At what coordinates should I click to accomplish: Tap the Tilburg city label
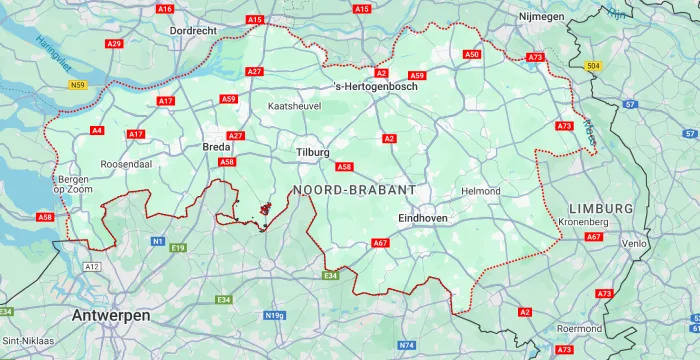point(313,152)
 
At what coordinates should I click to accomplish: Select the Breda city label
point(217,147)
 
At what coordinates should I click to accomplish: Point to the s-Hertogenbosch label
point(375,86)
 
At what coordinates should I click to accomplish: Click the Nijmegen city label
point(542,17)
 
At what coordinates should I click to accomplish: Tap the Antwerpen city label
point(111,315)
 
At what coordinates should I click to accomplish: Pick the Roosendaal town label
point(125,164)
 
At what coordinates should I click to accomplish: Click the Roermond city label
point(580,328)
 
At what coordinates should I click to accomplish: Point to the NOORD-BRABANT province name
point(354,189)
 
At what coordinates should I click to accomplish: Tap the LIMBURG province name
point(600,207)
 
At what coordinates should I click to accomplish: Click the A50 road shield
point(473,54)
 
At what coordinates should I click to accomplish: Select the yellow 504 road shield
point(593,66)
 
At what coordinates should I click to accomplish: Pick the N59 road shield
point(78,86)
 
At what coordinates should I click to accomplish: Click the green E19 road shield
point(178,247)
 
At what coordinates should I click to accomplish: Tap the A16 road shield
point(165,9)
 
